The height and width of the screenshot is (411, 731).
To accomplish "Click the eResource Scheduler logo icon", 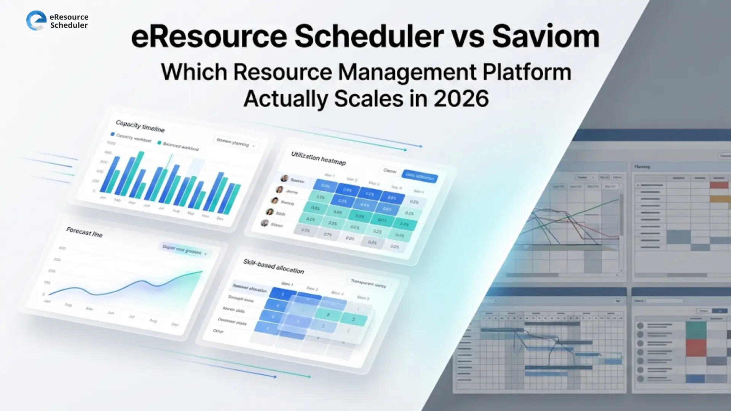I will click(x=36, y=21).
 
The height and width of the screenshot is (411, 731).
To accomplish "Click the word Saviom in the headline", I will click(x=546, y=37).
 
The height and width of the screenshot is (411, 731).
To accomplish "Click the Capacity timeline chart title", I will click(x=140, y=126).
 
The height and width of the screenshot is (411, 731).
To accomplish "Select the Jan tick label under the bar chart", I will click(x=103, y=197).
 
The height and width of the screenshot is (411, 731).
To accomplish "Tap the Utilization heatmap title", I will click(x=318, y=159).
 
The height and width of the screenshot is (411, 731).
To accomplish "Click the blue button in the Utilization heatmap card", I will click(x=420, y=176).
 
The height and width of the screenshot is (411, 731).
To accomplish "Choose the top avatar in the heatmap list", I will click(x=284, y=178).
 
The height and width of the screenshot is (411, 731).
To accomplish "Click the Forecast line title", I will click(x=84, y=232).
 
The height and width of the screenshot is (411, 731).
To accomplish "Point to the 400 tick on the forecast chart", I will click(x=62, y=248).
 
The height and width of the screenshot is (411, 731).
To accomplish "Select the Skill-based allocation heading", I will click(x=273, y=266).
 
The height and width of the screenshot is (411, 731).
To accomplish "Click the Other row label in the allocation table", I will click(x=218, y=331).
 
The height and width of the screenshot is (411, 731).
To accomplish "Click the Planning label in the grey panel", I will click(x=642, y=167).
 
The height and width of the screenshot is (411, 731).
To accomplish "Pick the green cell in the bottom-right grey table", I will click(x=696, y=330).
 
